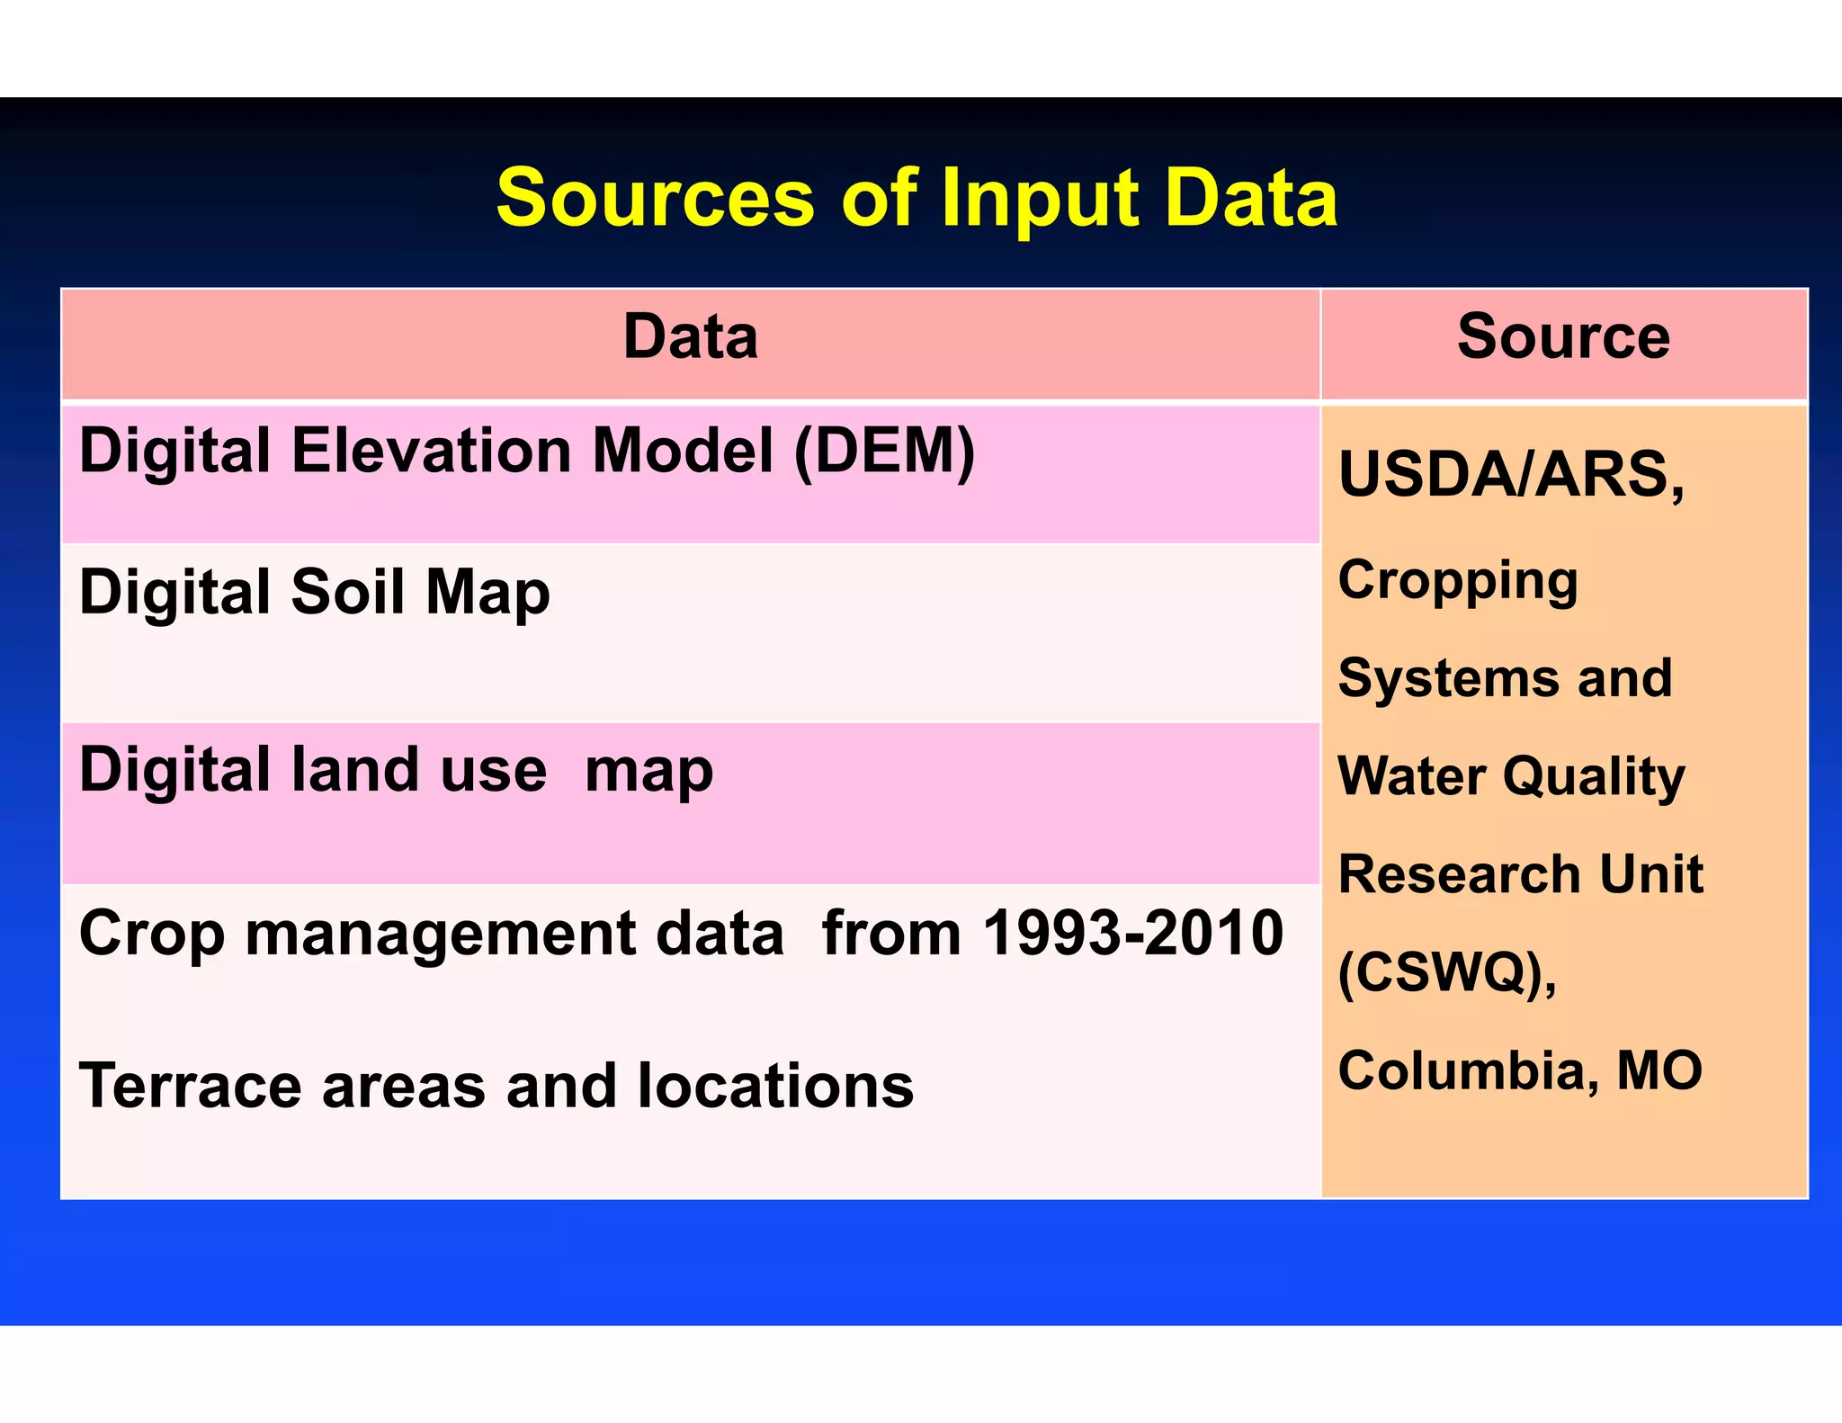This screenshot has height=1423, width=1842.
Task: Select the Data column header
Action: pos(690,337)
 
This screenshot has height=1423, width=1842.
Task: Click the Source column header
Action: pos(1563,337)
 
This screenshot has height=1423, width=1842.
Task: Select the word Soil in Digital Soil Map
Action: pos(347,593)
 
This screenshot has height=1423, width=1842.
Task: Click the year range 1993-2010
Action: pos(1132,933)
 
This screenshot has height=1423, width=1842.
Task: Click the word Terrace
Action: pos(189,1087)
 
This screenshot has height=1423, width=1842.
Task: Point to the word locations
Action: pos(775,1087)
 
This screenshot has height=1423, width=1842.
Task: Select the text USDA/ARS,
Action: pos(1511,475)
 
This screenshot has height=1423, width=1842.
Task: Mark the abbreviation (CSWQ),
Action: pos(1447,973)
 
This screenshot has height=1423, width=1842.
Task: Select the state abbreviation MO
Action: pos(1659,1070)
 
